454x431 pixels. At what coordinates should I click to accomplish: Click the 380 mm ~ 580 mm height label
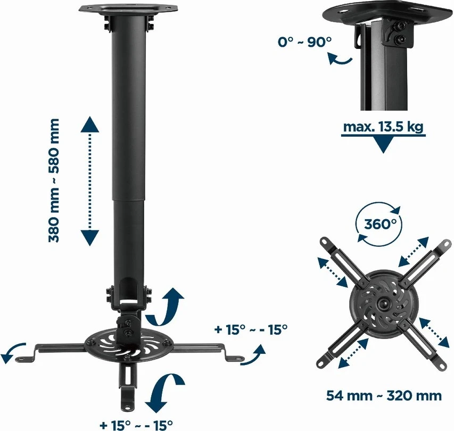point(54,180)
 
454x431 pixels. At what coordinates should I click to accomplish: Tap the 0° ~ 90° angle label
point(304,42)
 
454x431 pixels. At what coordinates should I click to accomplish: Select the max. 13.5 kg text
point(383,127)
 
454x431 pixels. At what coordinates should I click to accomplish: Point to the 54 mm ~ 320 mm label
point(384,395)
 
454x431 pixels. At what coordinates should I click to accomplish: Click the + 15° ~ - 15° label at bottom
point(136,425)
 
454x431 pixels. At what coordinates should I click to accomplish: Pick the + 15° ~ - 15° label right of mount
point(251,329)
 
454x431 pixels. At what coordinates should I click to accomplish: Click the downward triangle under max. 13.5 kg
point(383,145)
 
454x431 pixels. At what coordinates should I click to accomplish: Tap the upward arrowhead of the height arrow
point(90,124)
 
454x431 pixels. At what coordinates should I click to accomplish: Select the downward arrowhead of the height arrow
point(90,238)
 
